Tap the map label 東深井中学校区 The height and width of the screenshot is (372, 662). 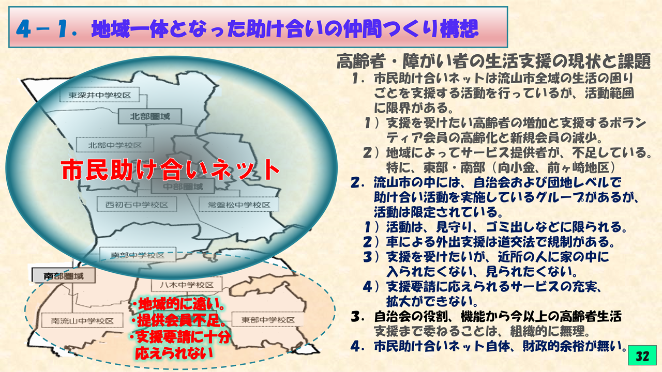[100, 95]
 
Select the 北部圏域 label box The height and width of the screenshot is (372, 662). [150, 116]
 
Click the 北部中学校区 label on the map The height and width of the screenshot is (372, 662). [115, 145]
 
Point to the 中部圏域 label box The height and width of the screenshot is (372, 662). [183, 187]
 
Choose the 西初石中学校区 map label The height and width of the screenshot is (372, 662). [137, 205]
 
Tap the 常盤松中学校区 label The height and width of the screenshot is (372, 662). [239, 205]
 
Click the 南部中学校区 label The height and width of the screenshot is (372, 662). [138, 255]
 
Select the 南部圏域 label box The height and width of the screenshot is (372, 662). [64, 276]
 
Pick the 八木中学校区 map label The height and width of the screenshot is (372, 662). [187, 285]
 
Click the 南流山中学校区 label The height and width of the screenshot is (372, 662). [82, 321]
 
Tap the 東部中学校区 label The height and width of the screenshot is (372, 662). [268, 319]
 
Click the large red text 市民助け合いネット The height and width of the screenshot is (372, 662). [171, 170]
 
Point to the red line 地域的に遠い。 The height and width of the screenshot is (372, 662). [177, 304]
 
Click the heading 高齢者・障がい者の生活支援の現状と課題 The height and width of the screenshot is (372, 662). [493, 61]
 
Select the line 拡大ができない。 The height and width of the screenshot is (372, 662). [432, 301]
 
